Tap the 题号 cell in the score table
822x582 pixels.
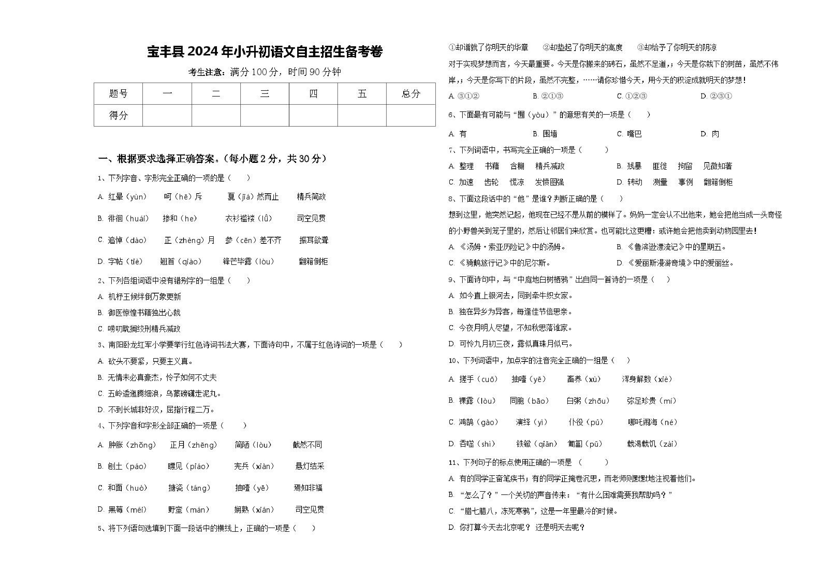tap(118, 94)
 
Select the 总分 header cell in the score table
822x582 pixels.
tap(411, 94)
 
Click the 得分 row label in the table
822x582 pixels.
tap(118, 115)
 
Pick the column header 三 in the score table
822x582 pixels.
tap(265, 94)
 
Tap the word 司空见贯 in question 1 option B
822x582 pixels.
tap(311, 218)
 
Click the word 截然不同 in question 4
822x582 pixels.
tap(307, 445)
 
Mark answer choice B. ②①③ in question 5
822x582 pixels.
tap(548, 96)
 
